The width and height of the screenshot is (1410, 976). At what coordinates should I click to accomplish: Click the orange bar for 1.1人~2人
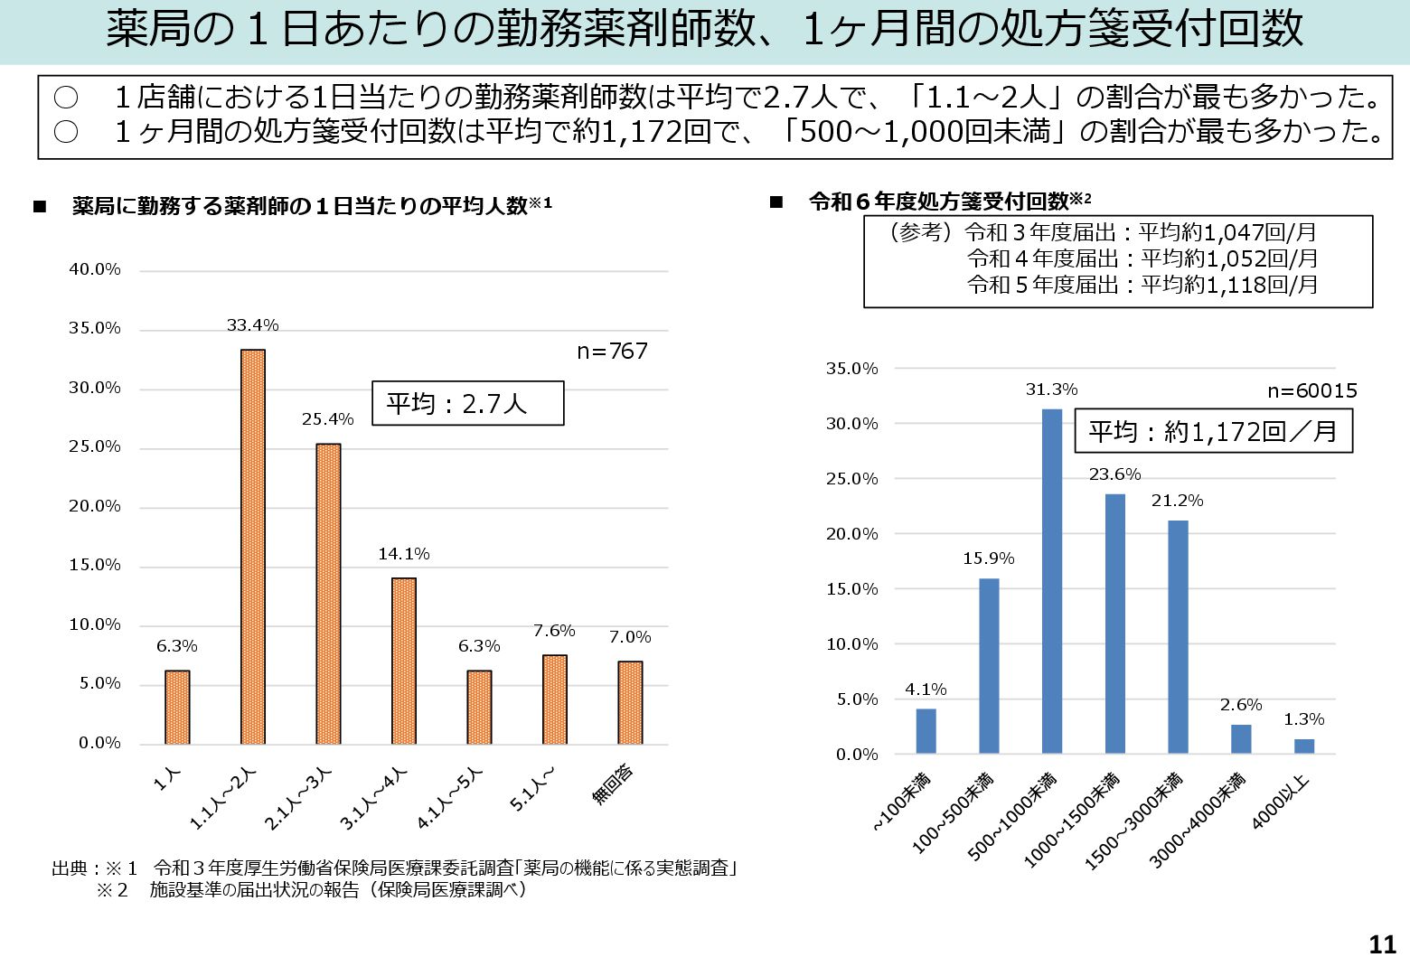tap(253, 547)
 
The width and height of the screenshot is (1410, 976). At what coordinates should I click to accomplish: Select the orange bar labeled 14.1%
tap(404, 661)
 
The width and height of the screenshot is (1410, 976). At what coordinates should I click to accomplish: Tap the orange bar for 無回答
tap(630, 702)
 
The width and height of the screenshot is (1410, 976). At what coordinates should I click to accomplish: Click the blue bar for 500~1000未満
tap(1052, 581)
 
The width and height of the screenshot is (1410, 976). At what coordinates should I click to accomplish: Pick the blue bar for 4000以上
tap(1303, 746)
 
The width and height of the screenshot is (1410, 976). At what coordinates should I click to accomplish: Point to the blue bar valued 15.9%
tap(989, 666)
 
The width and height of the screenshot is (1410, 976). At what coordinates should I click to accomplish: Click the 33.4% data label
tap(253, 325)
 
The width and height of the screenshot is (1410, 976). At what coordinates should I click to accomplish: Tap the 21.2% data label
tap(1177, 501)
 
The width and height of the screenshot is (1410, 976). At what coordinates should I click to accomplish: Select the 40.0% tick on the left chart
tap(95, 269)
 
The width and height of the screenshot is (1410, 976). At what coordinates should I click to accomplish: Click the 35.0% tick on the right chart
tap(851, 369)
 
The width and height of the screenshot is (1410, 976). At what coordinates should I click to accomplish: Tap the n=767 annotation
tap(613, 351)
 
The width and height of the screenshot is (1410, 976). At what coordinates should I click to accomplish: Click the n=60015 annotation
tap(1312, 390)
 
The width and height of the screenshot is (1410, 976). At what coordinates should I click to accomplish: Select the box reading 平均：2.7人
tap(467, 403)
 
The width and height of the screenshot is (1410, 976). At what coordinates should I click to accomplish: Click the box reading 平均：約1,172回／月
tap(1213, 431)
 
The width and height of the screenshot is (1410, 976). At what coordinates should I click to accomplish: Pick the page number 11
tap(1383, 944)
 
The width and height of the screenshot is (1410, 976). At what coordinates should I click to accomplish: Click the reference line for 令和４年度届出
tap(1142, 258)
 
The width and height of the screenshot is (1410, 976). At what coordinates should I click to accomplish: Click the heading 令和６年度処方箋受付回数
tap(940, 202)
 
